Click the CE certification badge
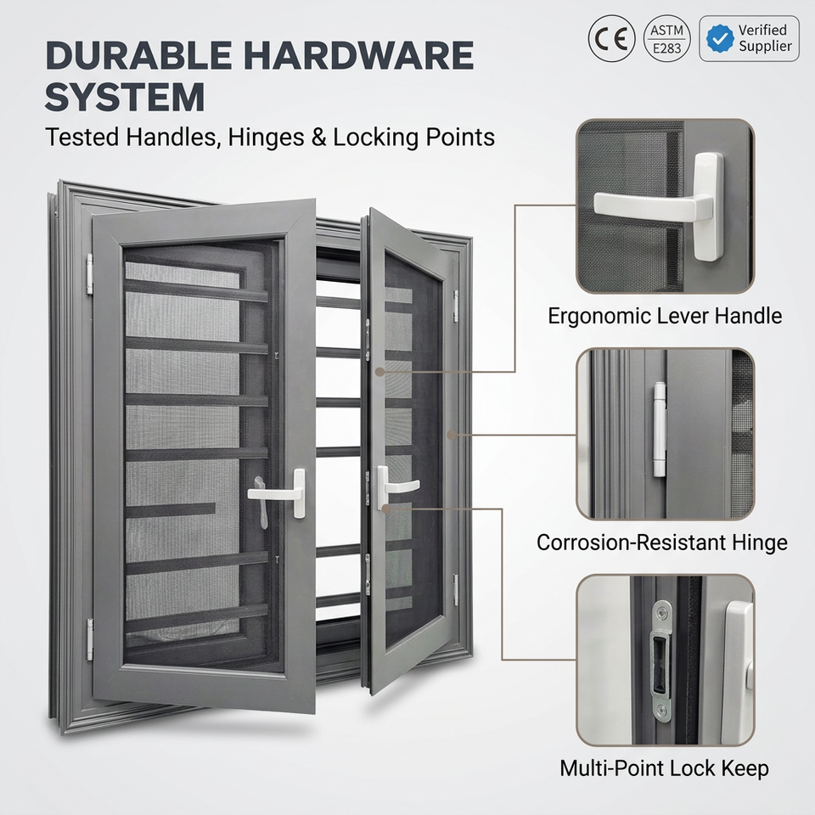pos(611,38)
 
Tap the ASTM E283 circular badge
pos(667,38)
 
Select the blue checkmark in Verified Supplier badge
pos(720,38)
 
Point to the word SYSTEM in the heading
pos(125,97)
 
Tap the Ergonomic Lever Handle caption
pos(665,316)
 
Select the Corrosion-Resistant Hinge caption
pos(661,542)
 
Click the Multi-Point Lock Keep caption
pos(664,768)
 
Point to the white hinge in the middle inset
pos(660,430)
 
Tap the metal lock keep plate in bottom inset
pos(661,660)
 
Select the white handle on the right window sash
pos(393,487)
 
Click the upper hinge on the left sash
pos(89,275)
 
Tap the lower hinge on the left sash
pos(90,639)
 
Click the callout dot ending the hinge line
pos(452,434)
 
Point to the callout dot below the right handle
pos(385,509)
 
